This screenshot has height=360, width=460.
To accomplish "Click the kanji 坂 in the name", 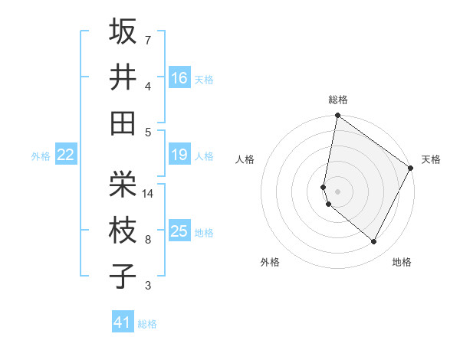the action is coord(123,31).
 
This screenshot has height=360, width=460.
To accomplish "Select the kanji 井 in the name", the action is coord(123,77).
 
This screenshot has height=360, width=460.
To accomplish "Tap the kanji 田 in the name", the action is coord(123,123).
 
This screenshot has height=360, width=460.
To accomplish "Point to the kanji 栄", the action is coord(123,184).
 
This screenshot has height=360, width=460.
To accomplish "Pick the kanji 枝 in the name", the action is coord(123,230).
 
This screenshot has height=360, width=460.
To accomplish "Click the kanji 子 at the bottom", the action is coord(123,276).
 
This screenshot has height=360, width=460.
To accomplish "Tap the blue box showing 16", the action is coord(179,77).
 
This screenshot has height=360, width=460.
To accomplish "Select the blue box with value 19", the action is coord(179,155).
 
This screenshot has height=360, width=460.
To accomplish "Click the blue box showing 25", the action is coord(179,231).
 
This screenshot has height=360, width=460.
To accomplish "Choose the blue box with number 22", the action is coord(66,155).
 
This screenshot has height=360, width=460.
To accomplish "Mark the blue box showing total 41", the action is coord(123,322).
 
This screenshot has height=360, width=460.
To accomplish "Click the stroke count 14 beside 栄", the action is coord(148,194).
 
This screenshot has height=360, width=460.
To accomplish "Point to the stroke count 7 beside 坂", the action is coord(148,40).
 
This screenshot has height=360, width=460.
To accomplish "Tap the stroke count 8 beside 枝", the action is coord(148,240).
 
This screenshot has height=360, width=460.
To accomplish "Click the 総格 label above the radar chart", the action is coord(337,100).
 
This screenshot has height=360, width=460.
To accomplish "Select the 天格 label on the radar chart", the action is coord(431,159).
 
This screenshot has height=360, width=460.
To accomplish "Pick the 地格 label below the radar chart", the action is coord(402,262).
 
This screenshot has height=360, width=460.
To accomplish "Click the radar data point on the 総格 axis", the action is coord(337,116).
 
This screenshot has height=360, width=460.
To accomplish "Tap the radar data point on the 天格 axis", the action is coord(411,168).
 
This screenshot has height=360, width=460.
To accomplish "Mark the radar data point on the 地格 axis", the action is coord(374,242).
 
